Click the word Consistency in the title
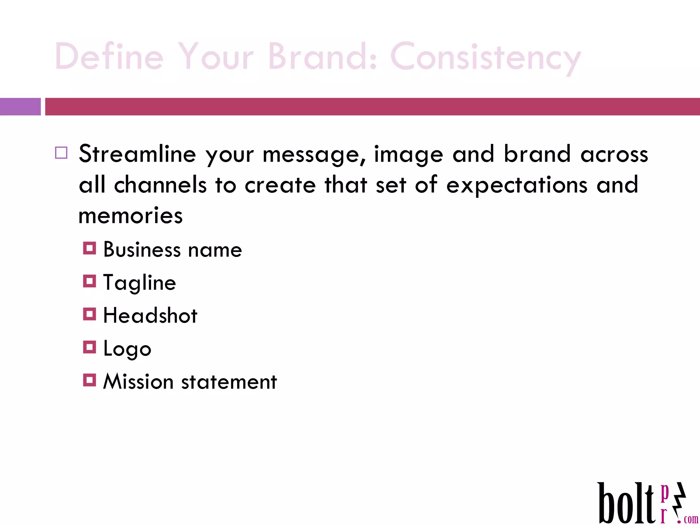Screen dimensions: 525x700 485,57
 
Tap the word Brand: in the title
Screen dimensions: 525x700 323,56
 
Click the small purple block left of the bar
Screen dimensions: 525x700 20,107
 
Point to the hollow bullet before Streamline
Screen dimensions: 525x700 61,153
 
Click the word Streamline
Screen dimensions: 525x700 137,154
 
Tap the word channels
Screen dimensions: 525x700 160,185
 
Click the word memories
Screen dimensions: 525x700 131,216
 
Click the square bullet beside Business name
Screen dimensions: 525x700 89,248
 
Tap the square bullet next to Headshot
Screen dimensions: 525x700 89,314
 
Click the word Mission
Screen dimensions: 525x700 138,381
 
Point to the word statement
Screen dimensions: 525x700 229,382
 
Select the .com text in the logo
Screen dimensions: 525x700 690,519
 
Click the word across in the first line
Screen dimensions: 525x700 614,154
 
